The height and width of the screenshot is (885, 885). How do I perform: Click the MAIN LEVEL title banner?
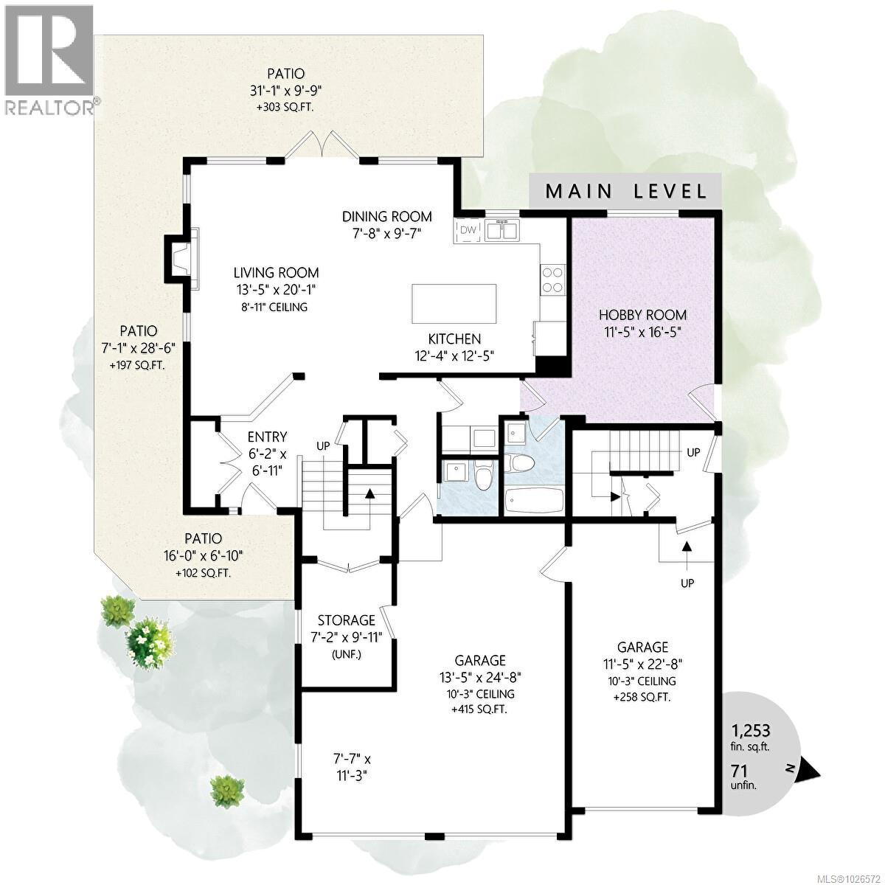point(625,192)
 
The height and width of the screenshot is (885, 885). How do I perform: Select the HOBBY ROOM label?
point(637,315)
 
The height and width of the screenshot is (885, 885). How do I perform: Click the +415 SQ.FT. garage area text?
point(479,709)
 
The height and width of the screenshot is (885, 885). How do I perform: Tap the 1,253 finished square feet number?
point(751,730)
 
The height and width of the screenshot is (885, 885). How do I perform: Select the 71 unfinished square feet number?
point(739,770)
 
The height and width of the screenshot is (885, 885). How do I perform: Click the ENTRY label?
point(267,437)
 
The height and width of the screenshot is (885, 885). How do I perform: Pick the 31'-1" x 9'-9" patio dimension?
point(286,91)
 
